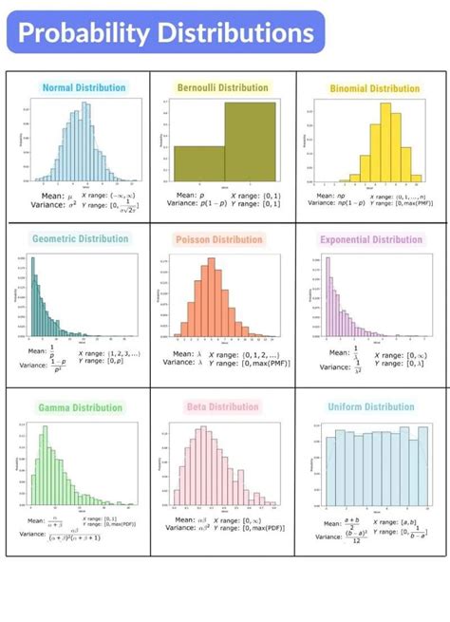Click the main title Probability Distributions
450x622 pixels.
coord(166,34)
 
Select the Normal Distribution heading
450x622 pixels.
coord(84,87)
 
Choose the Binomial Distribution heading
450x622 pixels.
coord(374,88)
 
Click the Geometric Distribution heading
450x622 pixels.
coord(80,238)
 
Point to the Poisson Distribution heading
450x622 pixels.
coord(219,239)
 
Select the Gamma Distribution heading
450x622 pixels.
coord(81,407)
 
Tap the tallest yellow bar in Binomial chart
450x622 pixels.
coord(373,142)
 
